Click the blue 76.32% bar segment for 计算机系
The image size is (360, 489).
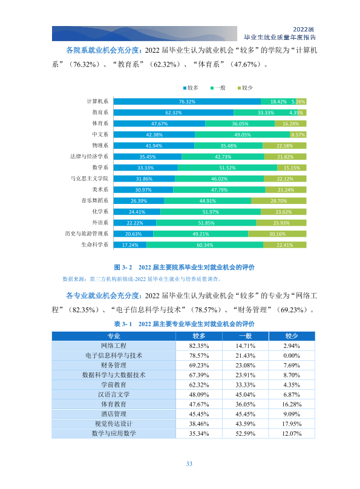(187, 101)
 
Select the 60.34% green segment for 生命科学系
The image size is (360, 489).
(205, 245)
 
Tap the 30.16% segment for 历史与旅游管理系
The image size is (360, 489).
(277, 234)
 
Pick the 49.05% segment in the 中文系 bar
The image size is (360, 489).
(243, 135)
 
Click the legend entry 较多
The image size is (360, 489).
(191, 88)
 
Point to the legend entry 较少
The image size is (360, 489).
(245, 88)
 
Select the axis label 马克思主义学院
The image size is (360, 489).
(89, 179)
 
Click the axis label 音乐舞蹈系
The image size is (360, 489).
(95, 200)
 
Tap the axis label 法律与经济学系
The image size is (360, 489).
(89, 157)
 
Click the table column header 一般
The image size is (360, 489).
(245, 336)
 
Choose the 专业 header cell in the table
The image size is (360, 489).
(114, 336)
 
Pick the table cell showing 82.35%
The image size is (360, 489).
(199, 346)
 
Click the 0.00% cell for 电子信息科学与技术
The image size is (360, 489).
(292, 355)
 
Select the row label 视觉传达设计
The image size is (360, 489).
(114, 424)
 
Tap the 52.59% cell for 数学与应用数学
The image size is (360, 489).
(245, 433)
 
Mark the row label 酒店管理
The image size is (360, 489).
(114, 414)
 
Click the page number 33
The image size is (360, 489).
(189, 464)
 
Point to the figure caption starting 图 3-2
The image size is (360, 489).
(184, 267)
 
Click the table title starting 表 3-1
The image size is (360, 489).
(184, 324)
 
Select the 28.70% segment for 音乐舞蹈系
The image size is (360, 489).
(279, 201)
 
